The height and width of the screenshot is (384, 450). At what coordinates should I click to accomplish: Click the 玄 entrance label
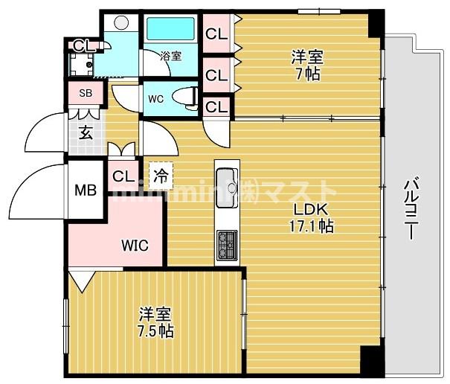pos(86,134)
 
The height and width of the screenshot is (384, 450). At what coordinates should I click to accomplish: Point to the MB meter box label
pos(85,190)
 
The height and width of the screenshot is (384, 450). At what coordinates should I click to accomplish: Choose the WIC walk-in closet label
pos(135,243)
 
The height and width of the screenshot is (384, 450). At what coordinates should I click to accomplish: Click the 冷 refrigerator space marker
pos(161,176)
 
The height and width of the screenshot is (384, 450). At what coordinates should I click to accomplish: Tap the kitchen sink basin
pos(226,181)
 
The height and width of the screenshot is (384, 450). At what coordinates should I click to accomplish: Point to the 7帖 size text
pos(306,74)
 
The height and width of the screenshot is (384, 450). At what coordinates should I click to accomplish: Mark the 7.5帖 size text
pos(155,331)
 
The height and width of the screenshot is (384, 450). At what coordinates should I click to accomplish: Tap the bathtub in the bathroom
pos(170,29)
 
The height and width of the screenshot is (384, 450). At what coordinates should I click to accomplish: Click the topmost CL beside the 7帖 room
pos(216,33)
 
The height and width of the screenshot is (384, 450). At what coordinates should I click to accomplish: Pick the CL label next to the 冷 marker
pos(123,176)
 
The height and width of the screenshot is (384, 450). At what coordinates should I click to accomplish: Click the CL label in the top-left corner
pos(83,45)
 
